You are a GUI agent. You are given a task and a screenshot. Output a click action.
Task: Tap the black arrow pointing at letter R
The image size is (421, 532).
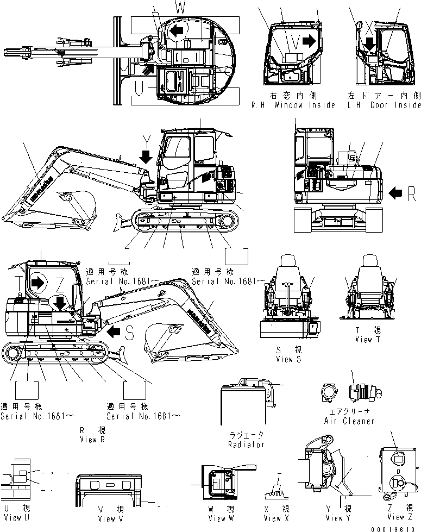(397, 192)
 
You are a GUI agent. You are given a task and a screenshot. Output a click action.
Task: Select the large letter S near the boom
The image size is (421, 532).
(129, 334)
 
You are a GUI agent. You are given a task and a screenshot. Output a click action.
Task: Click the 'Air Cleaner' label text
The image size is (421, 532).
(350, 421)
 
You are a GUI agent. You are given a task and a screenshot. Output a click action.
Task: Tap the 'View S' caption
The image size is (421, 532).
(284, 359)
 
